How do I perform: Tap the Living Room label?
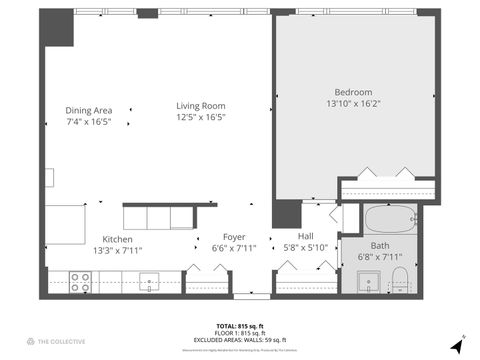(201, 106)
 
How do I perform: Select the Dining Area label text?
(88, 110)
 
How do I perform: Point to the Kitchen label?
(118, 238)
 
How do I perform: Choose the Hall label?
(306, 235)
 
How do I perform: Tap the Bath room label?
(380, 245)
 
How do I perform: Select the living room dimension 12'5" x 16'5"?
(201, 117)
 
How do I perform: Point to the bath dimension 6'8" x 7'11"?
(380, 256)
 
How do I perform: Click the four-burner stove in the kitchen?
(81, 283)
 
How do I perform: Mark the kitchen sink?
(150, 281)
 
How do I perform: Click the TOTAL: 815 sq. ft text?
(240, 326)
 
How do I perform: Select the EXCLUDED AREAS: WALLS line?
(240, 339)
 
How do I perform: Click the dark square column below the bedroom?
(288, 214)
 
